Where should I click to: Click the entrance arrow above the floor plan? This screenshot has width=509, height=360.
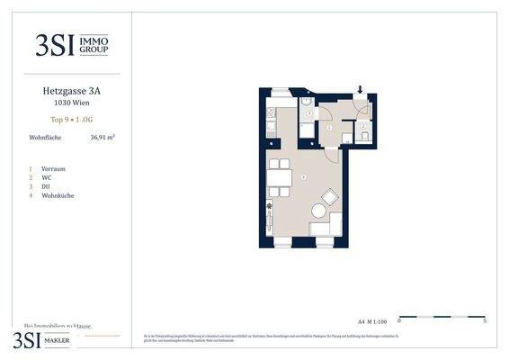(361, 90)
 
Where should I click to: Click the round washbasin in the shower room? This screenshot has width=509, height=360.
(307, 112)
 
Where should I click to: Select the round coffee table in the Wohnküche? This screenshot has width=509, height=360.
(318, 211)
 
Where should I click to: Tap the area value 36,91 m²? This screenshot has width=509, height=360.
(103, 139)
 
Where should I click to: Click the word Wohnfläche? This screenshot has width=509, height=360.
(45, 139)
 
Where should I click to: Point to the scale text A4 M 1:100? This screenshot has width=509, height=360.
(373, 319)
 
